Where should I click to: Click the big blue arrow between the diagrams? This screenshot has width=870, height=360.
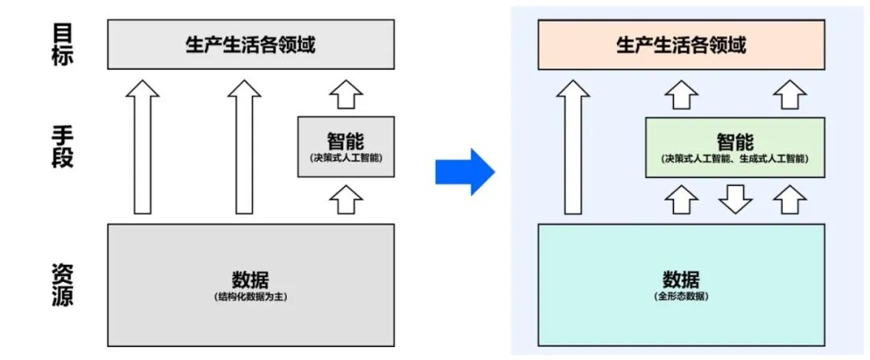pyautogui.click(x=465, y=172)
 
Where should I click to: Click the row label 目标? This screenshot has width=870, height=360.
pyautogui.click(x=61, y=43)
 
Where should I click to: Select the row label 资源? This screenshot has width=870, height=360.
pyautogui.click(x=61, y=285)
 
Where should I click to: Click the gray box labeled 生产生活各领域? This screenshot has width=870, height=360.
pyautogui.click(x=251, y=44)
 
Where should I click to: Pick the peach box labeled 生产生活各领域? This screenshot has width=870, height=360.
pyautogui.click(x=681, y=44)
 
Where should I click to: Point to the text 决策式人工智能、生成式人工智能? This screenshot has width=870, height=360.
pyautogui.click(x=734, y=159)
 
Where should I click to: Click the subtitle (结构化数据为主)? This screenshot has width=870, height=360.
pyautogui.click(x=251, y=297)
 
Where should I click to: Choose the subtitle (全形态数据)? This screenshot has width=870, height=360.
pyautogui.click(x=681, y=297)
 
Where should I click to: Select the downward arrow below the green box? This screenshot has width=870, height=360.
pyautogui.click(x=734, y=199)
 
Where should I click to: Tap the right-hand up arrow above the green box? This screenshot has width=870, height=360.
pyautogui.click(x=789, y=94)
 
